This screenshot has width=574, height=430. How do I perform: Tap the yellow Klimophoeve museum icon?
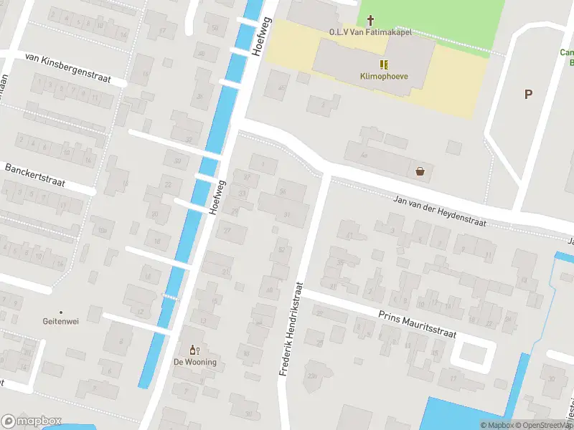381,64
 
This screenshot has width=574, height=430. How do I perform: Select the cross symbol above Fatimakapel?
370,21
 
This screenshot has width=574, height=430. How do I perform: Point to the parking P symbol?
529,94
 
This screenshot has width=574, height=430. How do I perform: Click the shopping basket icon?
420,171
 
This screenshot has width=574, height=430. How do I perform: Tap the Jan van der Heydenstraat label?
440,211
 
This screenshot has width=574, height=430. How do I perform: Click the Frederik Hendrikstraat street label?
291,330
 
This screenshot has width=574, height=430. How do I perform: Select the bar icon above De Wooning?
192,350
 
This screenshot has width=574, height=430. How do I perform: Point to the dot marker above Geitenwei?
61,312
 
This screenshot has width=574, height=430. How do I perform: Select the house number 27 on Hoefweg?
227,230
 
